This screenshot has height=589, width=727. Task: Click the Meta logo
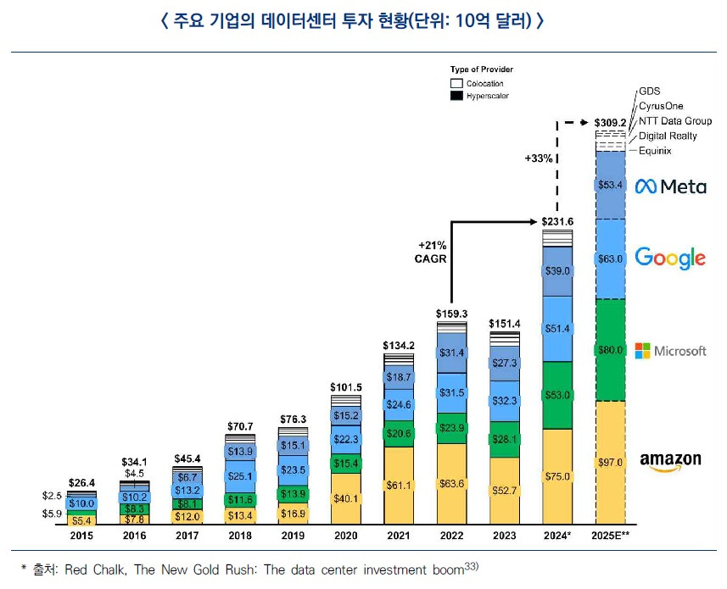click(670, 186)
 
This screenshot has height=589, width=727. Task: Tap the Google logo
click(670, 257)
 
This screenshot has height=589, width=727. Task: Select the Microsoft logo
click(670, 351)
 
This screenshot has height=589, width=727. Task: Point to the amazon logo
click(670, 460)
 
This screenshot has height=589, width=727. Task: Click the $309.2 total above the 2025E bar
click(610, 122)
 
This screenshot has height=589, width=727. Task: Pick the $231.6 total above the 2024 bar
click(558, 221)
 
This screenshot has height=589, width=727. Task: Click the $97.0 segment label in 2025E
click(610, 463)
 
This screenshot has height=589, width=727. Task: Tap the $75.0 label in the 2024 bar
click(558, 476)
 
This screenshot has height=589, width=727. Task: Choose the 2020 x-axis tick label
click(345, 536)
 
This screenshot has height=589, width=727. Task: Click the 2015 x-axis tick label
click(81, 536)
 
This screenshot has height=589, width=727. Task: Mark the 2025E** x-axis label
click(610, 536)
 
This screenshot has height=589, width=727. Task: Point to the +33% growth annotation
click(538, 158)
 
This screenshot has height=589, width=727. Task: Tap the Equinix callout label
click(655, 151)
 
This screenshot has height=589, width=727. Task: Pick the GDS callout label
click(649, 91)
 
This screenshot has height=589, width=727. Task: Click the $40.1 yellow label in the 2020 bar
click(345, 497)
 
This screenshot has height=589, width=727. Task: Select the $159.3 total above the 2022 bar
click(451, 314)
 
